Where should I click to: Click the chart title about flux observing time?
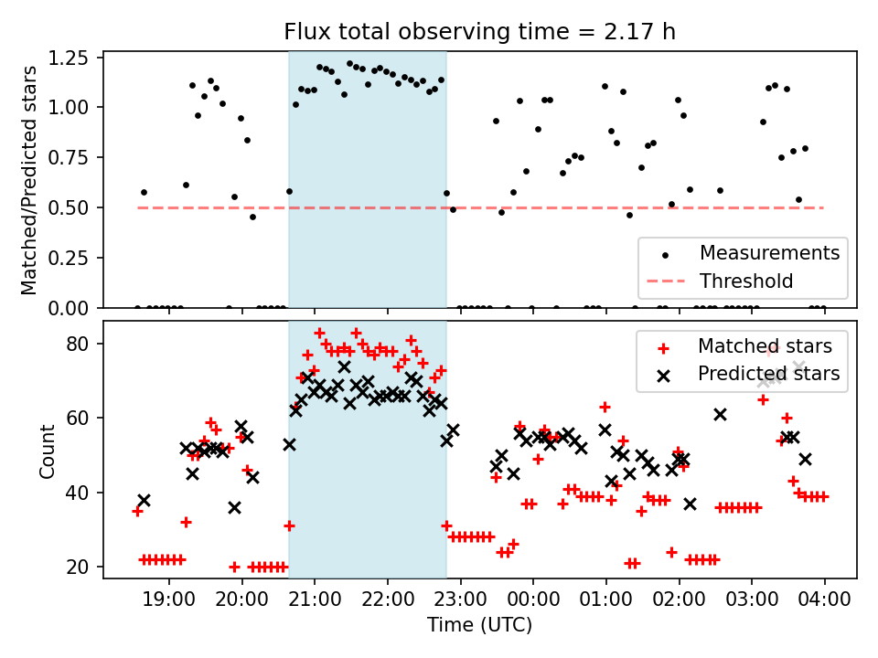point(480,32)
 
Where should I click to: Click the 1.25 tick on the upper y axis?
point(70,58)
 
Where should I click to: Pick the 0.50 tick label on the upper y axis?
point(70,207)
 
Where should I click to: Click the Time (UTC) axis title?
point(480,626)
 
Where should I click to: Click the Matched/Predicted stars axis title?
point(29,180)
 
